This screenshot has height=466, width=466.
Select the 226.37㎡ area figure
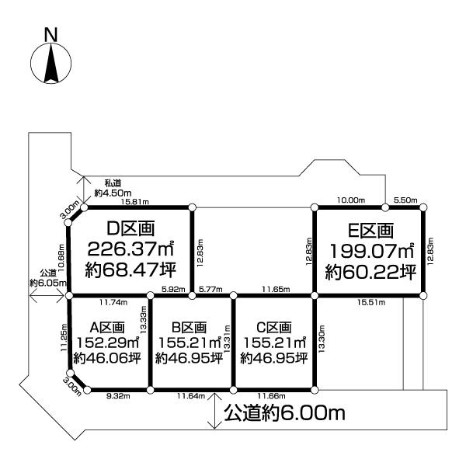pyautogui.click(x=131, y=250)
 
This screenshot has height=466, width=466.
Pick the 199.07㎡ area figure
pyautogui.click(x=370, y=252)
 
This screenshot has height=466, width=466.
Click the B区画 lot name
pyautogui.click(x=190, y=327)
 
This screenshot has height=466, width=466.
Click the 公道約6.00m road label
pyautogui.click(x=284, y=412)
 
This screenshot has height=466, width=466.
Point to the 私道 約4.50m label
pyautogui.click(x=108, y=187)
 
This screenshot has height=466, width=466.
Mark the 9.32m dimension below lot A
pyautogui.click(x=116, y=397)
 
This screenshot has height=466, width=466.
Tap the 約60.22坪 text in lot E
pyautogui.click(x=370, y=273)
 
